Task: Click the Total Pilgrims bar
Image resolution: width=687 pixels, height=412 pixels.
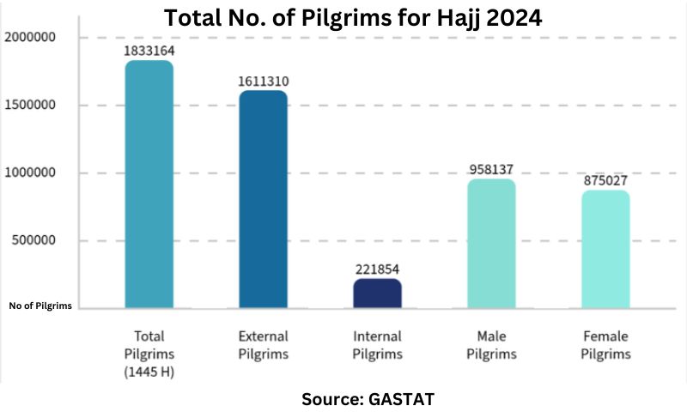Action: (149, 185)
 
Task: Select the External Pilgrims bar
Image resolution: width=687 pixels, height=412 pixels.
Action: (263, 199)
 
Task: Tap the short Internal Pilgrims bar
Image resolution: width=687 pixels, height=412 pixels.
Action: (377, 294)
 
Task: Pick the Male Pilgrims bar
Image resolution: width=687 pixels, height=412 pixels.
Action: (491, 244)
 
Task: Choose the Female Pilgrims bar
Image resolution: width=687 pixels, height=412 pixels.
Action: (605, 249)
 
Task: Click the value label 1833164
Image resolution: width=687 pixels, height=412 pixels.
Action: (149, 51)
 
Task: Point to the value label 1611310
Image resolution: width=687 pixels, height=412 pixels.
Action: (263, 82)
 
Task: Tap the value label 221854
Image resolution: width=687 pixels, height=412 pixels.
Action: (377, 269)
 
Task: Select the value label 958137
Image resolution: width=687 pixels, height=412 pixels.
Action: (491, 169)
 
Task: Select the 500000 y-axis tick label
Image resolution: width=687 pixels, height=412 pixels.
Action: (33, 240)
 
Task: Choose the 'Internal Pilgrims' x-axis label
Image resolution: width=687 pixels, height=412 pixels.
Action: (377, 345)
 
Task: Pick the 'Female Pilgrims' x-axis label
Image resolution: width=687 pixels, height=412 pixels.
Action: (605, 345)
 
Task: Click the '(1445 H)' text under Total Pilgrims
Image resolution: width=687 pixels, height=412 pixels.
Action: (149, 370)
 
